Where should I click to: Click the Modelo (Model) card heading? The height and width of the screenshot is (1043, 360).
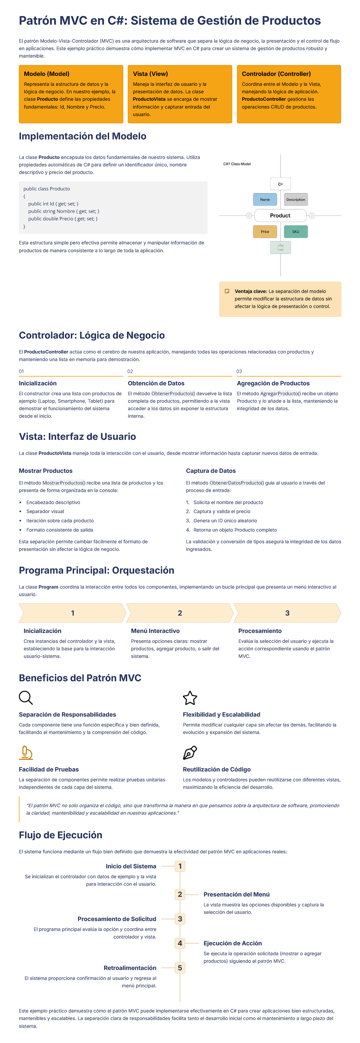pyautogui.click(x=46, y=74)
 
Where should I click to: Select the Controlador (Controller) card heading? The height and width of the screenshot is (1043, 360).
pyautogui.click(x=276, y=74)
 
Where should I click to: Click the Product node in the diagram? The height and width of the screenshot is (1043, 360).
pyautogui.click(x=280, y=215)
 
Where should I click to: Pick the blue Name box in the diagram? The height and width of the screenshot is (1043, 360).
pyautogui.click(x=265, y=200)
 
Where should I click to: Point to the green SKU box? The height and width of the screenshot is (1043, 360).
pyautogui.click(x=295, y=232)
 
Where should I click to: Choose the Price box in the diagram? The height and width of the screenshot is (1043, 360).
pyautogui.click(x=265, y=232)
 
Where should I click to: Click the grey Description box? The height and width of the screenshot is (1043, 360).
pyautogui.click(x=295, y=200)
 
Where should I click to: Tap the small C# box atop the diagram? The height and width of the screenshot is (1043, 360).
pyautogui.click(x=280, y=184)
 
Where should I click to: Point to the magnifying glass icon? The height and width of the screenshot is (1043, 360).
pyautogui.click(x=25, y=698)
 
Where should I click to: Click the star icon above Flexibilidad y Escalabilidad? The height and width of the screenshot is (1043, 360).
pyautogui.click(x=190, y=698)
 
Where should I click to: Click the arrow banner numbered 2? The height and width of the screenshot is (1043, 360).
pyautogui.click(x=180, y=613)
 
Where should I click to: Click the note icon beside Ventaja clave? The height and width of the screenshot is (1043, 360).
pyautogui.click(x=227, y=291)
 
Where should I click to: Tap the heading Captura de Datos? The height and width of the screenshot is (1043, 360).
pyautogui.click(x=211, y=471)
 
